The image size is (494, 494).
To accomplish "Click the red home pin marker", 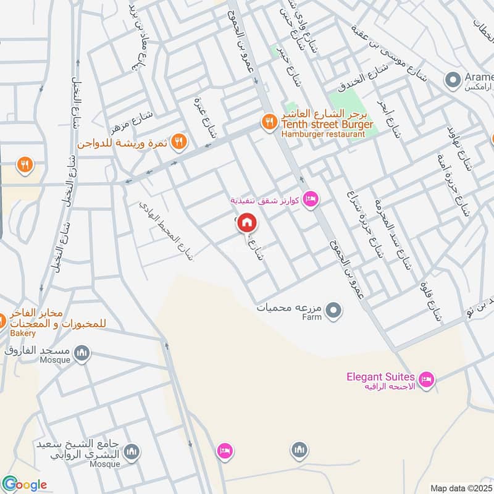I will [247, 222].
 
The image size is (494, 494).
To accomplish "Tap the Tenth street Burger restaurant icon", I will [269, 122].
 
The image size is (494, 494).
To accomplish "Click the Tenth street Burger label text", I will [327, 125].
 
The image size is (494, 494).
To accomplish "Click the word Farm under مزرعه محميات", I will [312, 317].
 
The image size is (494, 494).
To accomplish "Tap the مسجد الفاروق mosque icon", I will [82, 353].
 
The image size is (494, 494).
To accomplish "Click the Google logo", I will [25, 485].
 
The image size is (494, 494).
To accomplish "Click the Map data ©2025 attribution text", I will [461, 488].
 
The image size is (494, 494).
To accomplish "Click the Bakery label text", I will [23, 333].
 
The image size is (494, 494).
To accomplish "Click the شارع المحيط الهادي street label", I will [165, 230].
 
